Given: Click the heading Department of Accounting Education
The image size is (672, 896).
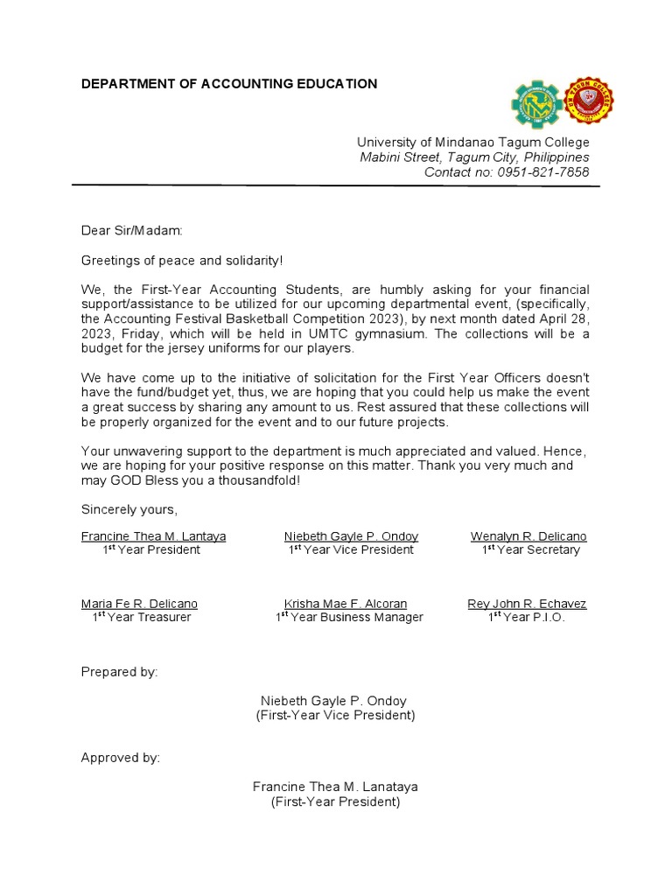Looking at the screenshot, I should tap(229, 84).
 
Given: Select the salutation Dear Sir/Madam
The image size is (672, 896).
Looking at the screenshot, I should tap(132, 231).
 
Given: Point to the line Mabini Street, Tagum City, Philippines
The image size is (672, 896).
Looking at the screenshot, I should tap(474, 157).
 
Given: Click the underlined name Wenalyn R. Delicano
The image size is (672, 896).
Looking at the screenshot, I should tap(528, 536).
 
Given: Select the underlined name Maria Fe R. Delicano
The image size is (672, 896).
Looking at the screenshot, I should tap(139, 604).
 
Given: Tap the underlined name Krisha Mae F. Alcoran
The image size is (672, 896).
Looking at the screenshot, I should tap(346, 604).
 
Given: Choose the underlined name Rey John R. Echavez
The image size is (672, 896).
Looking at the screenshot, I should tap(527, 604).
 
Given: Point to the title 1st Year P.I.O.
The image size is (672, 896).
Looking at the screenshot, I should tap(527, 618).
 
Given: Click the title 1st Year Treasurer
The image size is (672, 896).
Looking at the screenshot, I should tap(142, 618).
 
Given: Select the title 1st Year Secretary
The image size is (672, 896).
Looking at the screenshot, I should tap(530, 550).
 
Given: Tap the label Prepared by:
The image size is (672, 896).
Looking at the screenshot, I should tap(120, 672).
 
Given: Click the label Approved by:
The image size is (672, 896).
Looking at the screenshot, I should tap(121, 758).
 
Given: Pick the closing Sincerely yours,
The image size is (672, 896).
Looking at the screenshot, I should tap(129, 509).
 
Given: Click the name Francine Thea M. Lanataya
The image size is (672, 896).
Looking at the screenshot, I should tap(335, 787).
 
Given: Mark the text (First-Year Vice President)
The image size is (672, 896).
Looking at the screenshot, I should tap(335, 716).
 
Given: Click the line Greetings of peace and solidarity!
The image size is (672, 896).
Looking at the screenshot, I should tap(183, 261).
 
